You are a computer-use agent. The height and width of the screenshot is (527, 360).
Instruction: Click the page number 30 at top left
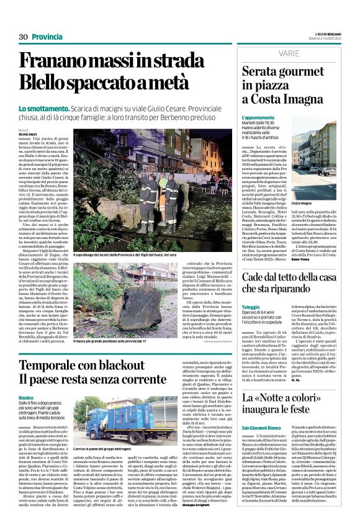tap(24, 37)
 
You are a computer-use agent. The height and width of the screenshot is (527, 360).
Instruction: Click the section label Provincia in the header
tap(47, 37)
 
